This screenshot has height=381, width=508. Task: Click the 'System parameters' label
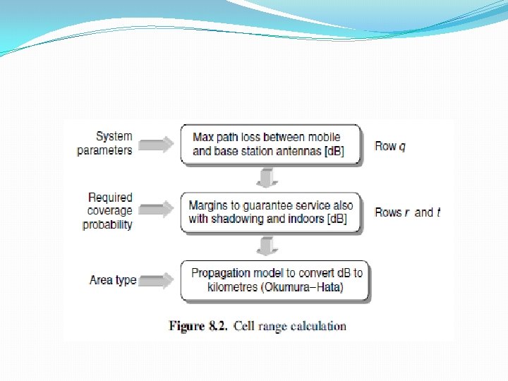point(104,143)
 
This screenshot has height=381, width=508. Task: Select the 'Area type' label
point(113,280)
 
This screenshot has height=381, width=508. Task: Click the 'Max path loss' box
point(270,144)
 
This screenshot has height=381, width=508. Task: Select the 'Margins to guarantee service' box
point(270,212)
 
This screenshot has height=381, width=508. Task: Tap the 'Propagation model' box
point(276,280)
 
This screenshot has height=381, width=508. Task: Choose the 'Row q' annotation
point(390,146)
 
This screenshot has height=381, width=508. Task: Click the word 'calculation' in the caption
point(316,326)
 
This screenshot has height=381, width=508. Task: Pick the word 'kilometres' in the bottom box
point(233,287)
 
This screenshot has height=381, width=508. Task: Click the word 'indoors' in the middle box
point(306,219)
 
